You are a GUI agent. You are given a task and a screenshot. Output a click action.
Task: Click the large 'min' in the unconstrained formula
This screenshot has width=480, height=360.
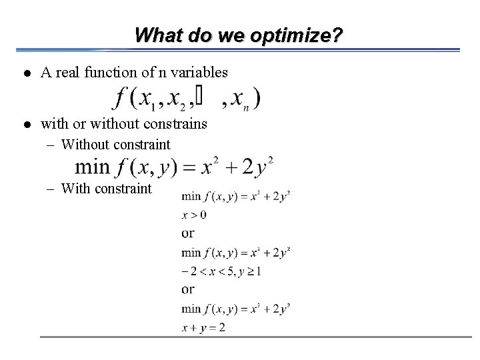click(93, 167)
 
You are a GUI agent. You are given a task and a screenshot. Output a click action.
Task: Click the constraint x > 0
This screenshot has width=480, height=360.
click(193, 215)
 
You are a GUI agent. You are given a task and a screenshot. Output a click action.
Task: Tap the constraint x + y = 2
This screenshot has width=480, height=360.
click(203, 327)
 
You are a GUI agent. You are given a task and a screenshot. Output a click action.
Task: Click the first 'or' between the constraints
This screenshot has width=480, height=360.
click(187, 233)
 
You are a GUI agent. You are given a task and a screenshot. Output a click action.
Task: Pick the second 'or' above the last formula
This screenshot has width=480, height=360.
click(187, 289)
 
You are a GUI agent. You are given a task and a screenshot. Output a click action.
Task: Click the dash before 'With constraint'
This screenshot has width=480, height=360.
click(51, 189)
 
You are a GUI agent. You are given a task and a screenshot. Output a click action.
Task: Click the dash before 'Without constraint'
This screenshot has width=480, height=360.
click(51, 145)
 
